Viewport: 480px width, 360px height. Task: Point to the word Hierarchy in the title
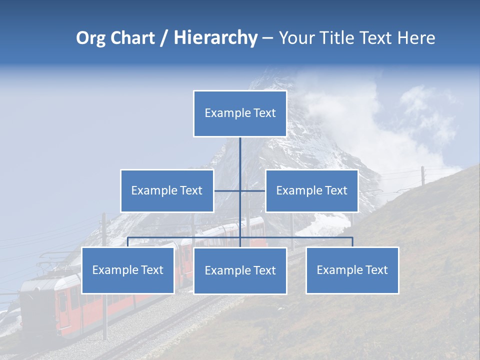coord(215,38)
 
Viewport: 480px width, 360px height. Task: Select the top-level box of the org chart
coord(240,113)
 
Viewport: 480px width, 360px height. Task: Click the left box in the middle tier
coord(167,190)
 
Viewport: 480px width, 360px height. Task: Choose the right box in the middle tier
coord(312,190)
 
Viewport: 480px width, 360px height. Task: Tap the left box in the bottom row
coord(128,270)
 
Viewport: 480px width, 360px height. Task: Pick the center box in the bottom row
coord(240,270)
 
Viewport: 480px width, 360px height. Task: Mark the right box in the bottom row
coord(352,270)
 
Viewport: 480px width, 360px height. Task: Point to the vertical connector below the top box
coord(240,155)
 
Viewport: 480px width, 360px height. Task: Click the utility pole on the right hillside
coord(423,175)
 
